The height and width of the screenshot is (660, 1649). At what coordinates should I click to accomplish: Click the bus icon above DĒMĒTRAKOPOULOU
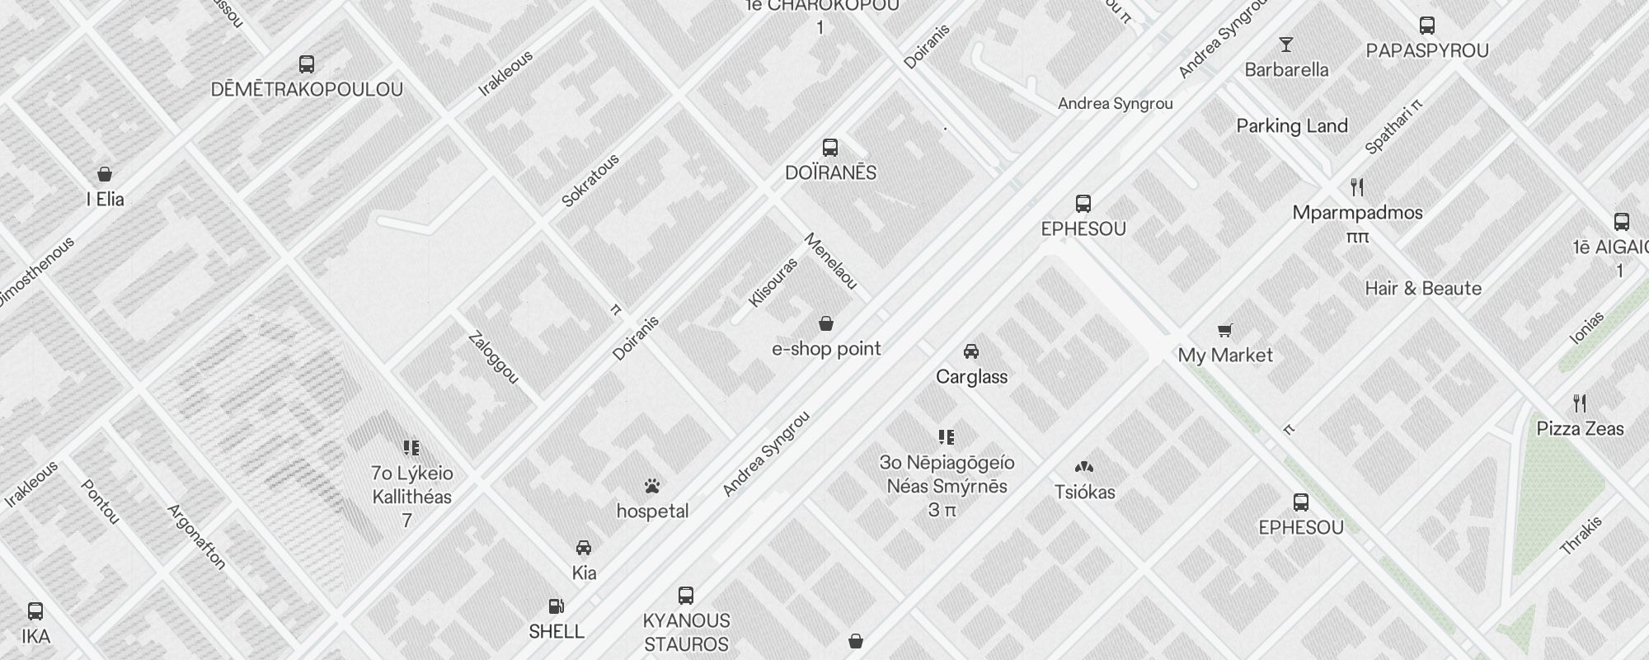(307, 64)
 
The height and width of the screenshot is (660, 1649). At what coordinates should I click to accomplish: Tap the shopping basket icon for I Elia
(105, 174)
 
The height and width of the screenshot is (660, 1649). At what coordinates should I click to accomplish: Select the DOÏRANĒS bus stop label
(830, 172)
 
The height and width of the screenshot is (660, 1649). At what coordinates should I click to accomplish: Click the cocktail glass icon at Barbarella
(1285, 45)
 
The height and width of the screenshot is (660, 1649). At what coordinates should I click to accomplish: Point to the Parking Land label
(1291, 126)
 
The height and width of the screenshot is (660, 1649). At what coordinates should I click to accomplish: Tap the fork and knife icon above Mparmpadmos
(1357, 187)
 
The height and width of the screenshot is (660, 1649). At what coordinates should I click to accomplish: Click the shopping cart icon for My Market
(1225, 331)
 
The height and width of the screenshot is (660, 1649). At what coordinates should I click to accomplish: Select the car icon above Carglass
(971, 351)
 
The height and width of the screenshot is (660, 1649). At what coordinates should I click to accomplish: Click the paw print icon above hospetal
(652, 486)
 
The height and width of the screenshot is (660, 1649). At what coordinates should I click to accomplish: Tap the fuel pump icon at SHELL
(557, 607)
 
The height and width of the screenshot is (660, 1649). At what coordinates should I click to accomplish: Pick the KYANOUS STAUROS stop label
(686, 632)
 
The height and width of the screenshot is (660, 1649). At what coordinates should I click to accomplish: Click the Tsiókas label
(1084, 493)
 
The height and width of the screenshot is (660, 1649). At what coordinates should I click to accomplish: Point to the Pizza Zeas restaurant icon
(1580, 403)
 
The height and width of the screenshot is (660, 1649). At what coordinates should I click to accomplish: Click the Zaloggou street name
(493, 357)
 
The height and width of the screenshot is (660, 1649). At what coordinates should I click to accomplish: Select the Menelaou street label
(830, 262)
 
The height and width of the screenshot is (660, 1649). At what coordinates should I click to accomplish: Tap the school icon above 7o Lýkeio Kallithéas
(411, 448)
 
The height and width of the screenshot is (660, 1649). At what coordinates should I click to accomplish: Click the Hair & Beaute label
(1422, 289)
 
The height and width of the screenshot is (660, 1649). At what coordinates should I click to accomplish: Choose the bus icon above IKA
(35, 611)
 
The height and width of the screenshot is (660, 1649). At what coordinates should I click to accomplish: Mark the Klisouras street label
(773, 283)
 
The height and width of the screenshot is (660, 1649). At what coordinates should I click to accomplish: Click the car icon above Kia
(583, 548)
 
